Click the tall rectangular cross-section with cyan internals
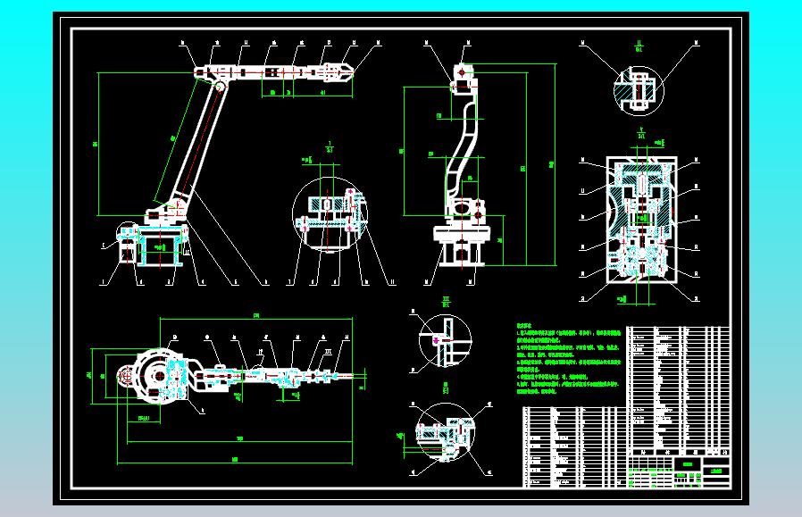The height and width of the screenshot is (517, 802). (x=640, y=221)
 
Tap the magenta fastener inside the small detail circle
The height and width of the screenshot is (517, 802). (x=436, y=339)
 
